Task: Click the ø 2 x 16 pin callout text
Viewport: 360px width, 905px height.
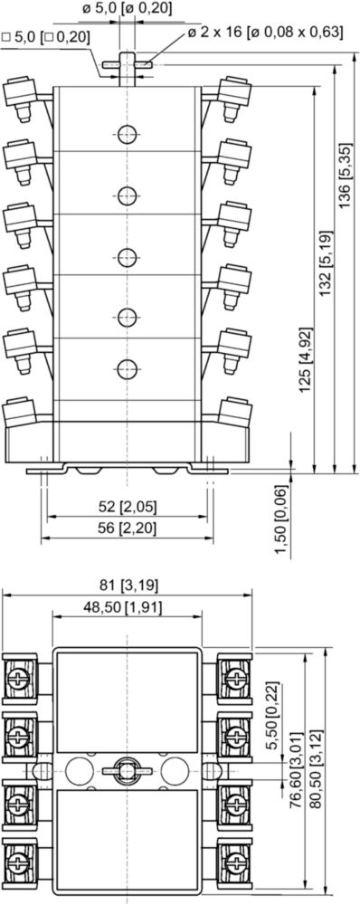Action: [x=265, y=32]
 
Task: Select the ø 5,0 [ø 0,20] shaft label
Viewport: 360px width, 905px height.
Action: [x=128, y=9]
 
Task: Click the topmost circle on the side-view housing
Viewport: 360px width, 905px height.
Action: [x=128, y=135]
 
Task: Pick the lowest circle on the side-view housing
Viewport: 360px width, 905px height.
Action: [x=128, y=368]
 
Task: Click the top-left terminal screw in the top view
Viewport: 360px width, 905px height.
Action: [x=19, y=678]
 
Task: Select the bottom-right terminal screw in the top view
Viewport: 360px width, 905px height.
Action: [x=235, y=862]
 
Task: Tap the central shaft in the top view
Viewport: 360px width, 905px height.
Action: [x=127, y=770]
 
